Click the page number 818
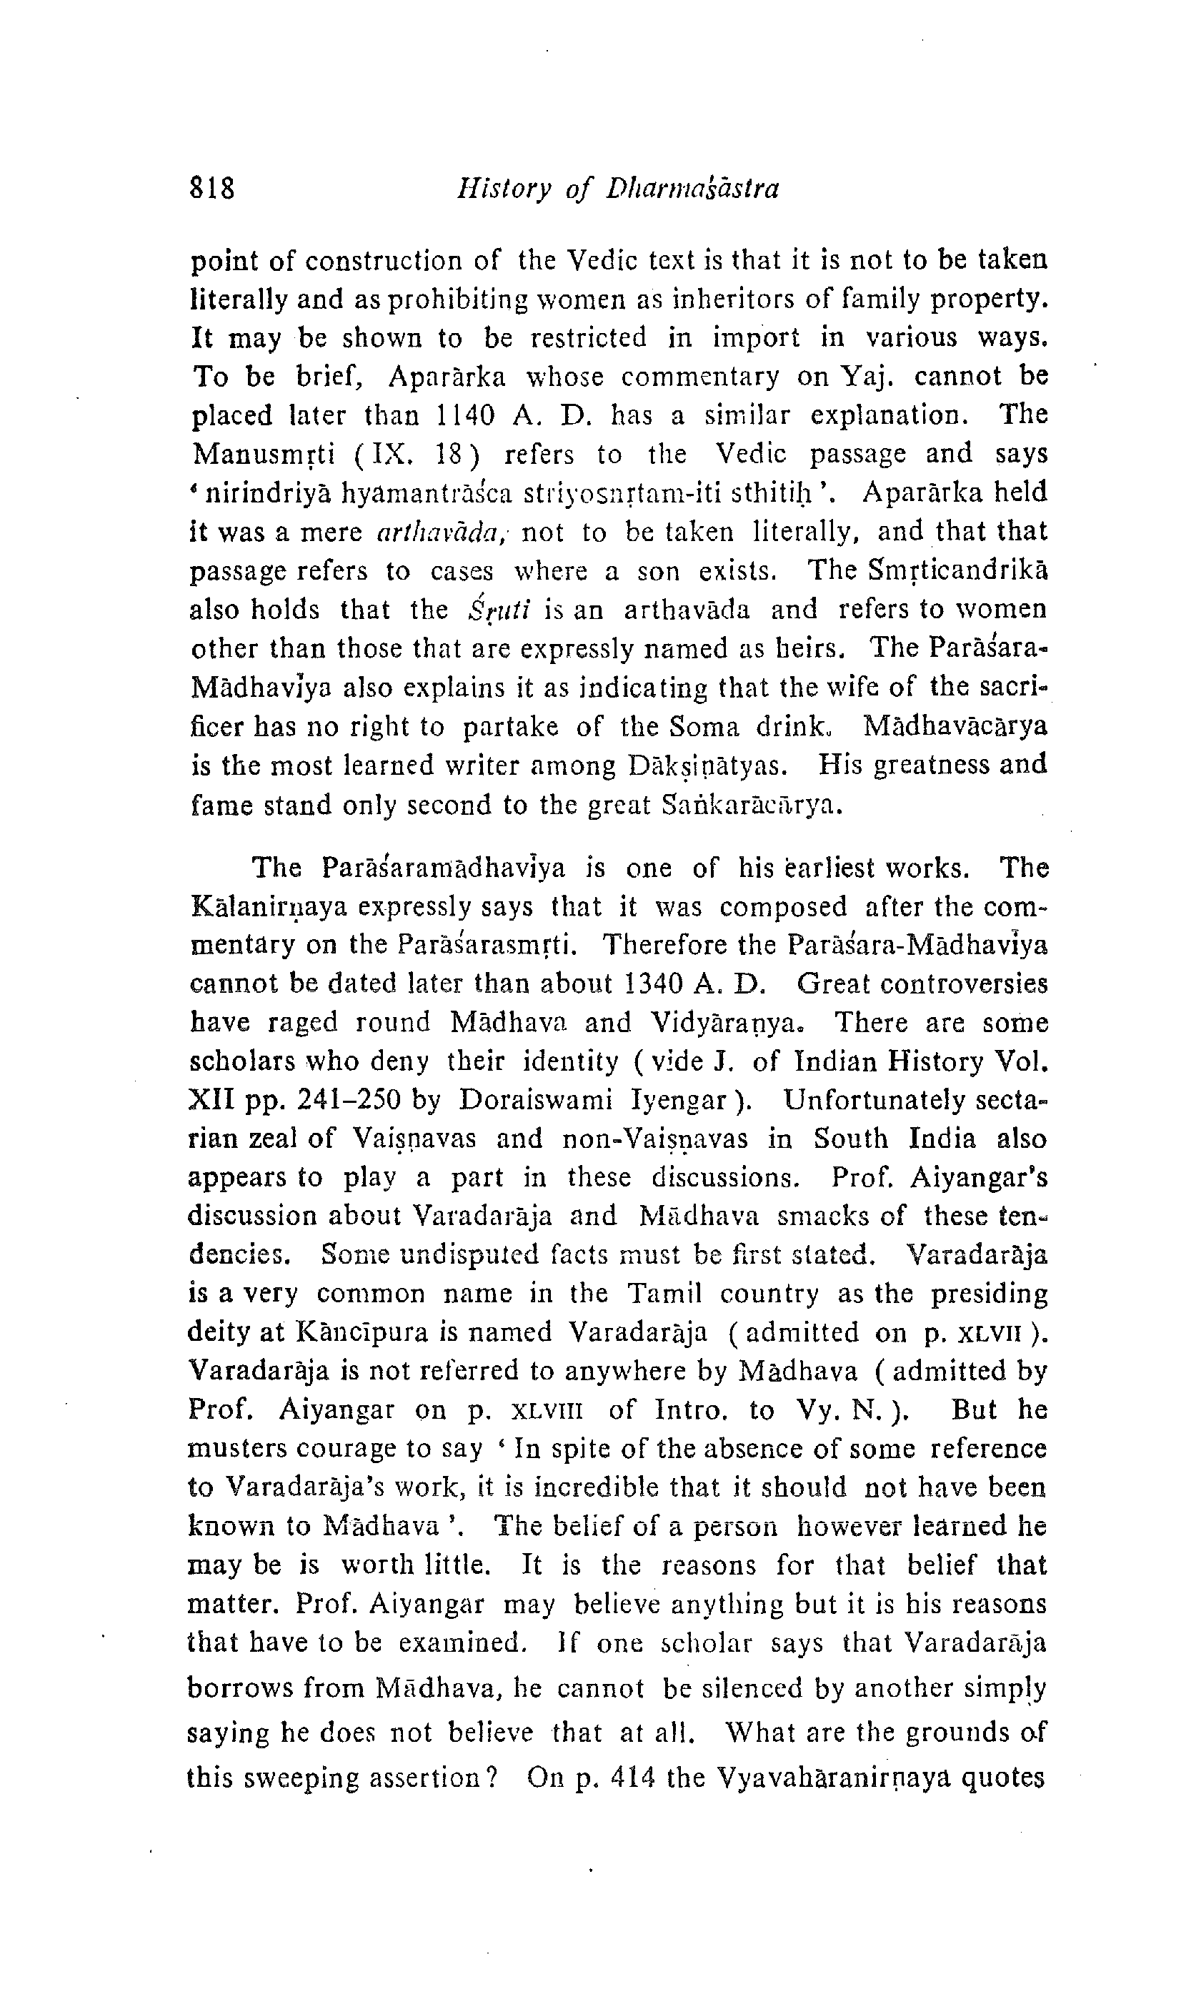[212, 189]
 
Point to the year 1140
[467, 415]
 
